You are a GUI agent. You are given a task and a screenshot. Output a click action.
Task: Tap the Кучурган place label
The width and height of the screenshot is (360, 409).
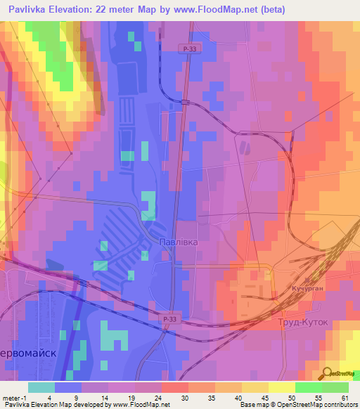coord(306,289)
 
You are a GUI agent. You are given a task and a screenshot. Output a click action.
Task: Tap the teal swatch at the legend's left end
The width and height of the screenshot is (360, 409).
coord(41,387)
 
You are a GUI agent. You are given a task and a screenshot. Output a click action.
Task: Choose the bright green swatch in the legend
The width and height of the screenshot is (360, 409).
coord(308,387)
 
